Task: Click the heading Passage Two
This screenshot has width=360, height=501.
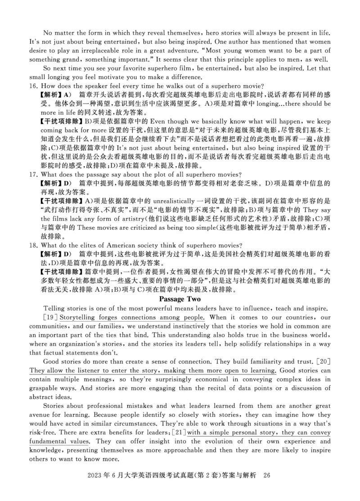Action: pyautogui.click(x=180, y=299)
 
